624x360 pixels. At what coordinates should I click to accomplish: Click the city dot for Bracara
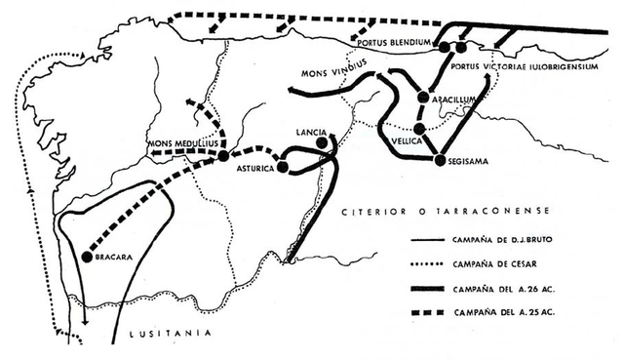click(87, 257)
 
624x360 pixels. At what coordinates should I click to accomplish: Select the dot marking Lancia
click(322, 144)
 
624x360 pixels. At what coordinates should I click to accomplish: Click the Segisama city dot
click(440, 160)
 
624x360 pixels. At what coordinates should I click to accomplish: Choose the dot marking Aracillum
click(423, 97)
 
